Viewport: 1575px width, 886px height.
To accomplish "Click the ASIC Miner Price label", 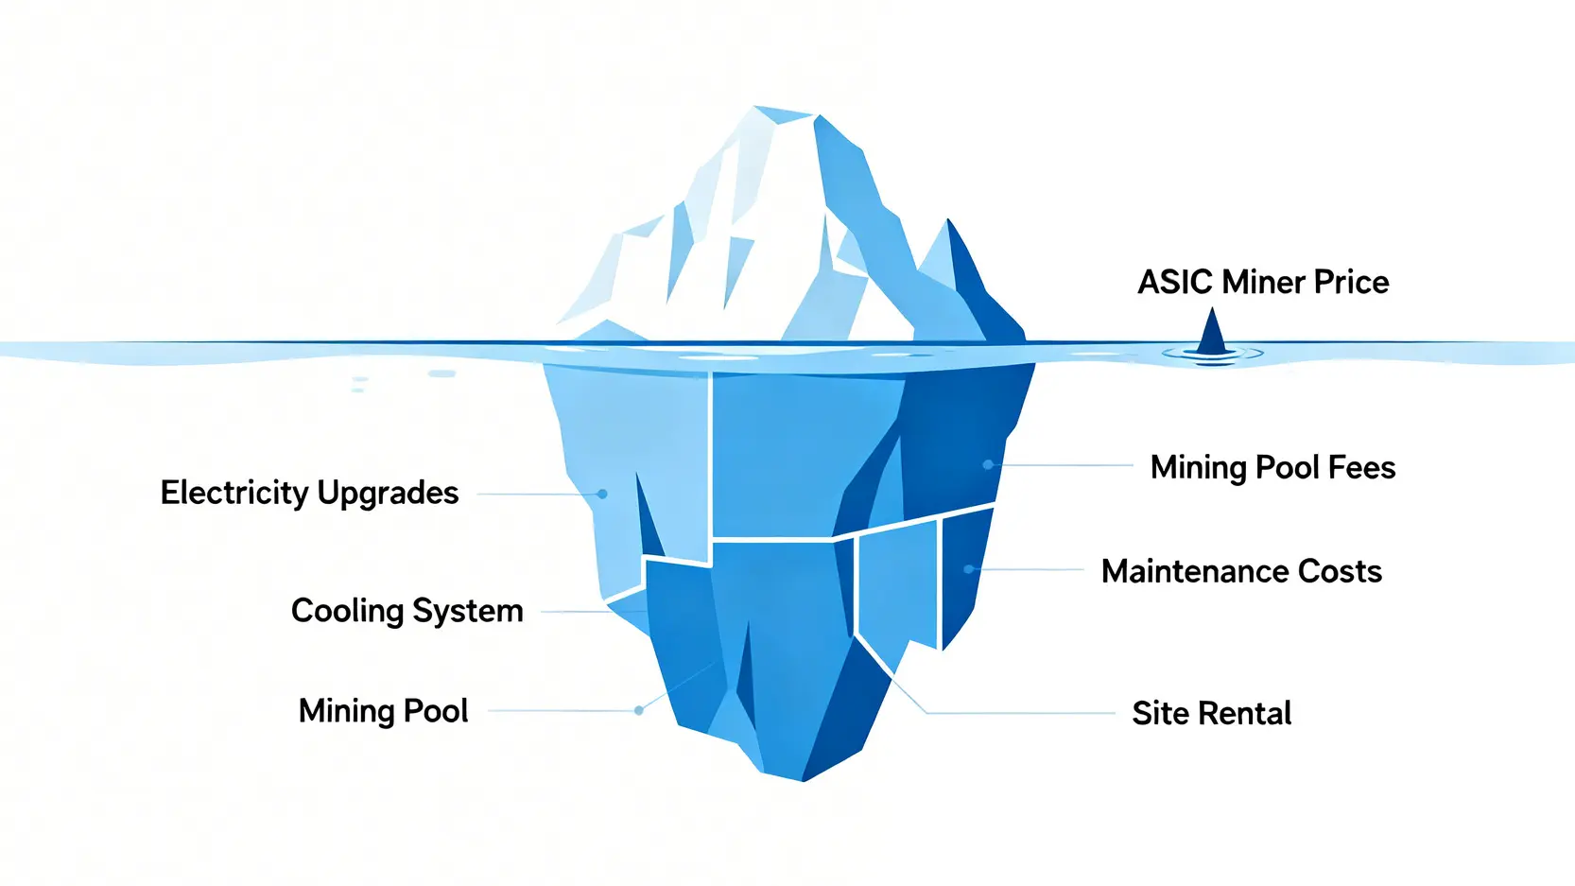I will (x=1263, y=282).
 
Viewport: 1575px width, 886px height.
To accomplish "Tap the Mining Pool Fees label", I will (x=1272, y=467).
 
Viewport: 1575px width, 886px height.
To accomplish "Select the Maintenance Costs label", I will (x=1241, y=571).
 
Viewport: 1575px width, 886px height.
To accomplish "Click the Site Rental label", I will (x=1211, y=713).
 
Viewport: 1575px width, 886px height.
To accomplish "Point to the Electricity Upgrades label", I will (x=309, y=493).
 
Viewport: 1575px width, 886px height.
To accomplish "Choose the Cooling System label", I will (x=407, y=611).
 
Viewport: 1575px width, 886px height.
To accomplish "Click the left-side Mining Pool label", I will (x=383, y=711).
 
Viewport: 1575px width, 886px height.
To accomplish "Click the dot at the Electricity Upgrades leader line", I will (x=602, y=494).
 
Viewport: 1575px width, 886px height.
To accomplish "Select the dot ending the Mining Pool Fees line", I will (x=988, y=464).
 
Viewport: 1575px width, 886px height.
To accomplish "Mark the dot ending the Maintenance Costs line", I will (x=969, y=569).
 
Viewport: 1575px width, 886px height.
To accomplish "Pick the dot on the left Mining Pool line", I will (x=639, y=710).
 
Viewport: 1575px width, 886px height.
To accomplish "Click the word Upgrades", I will (x=388, y=493).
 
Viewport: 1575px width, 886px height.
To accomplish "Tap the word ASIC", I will (x=1175, y=282).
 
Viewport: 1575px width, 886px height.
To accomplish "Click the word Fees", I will (x=1361, y=467).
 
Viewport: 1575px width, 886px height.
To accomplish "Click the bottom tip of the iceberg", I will (x=803, y=780).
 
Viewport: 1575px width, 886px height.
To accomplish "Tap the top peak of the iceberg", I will (x=756, y=108).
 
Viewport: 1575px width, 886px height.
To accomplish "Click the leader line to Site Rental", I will (x=1021, y=712).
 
